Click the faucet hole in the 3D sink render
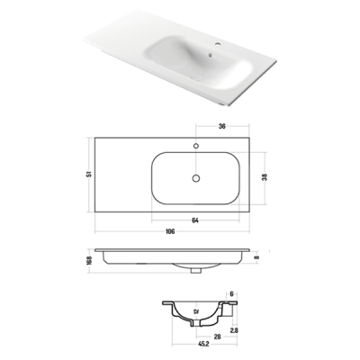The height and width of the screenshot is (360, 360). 218,46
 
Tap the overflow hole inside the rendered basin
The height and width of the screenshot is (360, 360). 211,55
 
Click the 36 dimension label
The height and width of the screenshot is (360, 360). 221,126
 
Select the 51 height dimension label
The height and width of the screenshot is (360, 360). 89,175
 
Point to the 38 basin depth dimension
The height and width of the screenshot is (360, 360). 265,177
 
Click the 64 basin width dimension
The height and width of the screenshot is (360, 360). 195,220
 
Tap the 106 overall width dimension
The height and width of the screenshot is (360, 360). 170,231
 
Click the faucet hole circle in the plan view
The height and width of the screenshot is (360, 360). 196,146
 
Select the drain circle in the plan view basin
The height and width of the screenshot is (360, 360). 196,178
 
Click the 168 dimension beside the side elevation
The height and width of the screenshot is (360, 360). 89,260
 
